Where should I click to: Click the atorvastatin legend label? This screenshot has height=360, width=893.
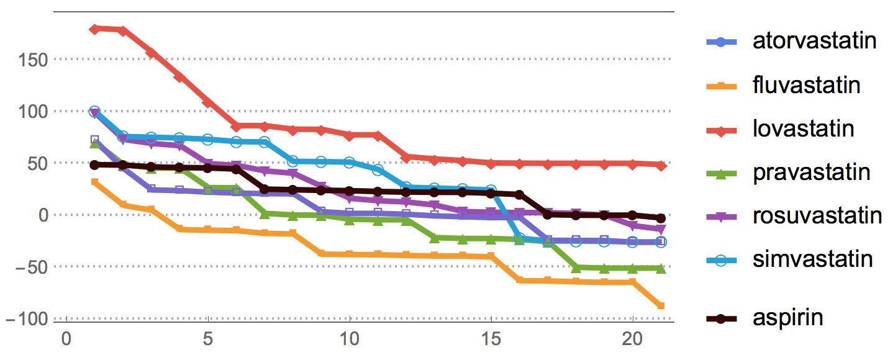814,41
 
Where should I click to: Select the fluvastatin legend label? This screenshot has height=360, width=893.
807,84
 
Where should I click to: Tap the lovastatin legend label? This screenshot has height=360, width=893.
803,128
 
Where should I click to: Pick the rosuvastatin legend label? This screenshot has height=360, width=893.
817,216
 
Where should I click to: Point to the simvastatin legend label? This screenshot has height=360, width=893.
813,259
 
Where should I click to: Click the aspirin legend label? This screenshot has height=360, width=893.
787,318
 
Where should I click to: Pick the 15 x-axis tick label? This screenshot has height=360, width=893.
491,341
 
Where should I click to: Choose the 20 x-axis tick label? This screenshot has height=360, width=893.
633,341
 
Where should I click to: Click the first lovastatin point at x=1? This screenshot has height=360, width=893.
94,29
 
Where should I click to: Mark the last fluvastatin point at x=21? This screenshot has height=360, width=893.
661,306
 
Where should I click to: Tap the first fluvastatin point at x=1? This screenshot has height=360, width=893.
94,182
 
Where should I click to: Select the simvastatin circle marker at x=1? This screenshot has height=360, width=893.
94,112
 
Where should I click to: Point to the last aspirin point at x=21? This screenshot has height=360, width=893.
661,218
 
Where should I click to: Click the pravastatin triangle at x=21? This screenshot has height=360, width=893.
661,268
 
